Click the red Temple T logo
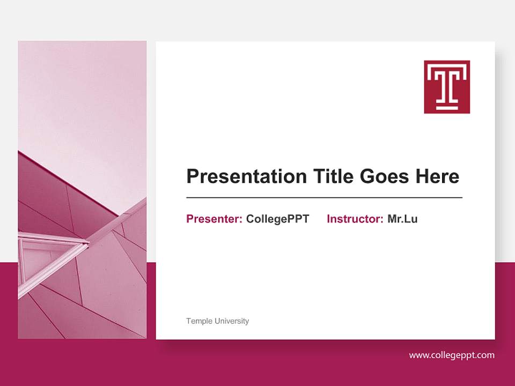(x=447, y=87)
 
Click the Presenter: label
(x=214, y=219)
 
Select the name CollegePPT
(x=277, y=219)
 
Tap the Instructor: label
(x=355, y=219)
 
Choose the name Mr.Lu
(x=402, y=219)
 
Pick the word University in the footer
(x=232, y=321)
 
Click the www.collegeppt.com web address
(x=452, y=355)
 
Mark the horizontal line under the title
(x=324, y=198)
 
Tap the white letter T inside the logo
(x=447, y=83)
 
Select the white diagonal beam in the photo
(x=115, y=222)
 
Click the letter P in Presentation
(x=193, y=176)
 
